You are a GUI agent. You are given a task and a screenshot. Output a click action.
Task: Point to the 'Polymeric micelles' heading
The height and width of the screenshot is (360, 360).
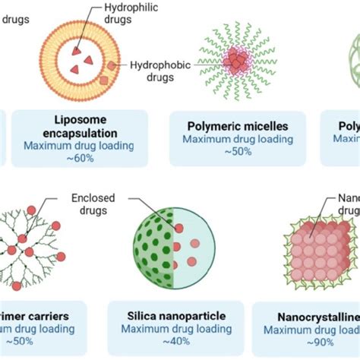(238, 125)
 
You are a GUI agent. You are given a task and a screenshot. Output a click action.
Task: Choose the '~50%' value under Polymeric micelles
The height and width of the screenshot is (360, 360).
(238, 153)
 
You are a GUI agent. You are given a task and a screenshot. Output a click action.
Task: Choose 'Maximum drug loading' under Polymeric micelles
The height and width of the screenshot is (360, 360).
(238, 139)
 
